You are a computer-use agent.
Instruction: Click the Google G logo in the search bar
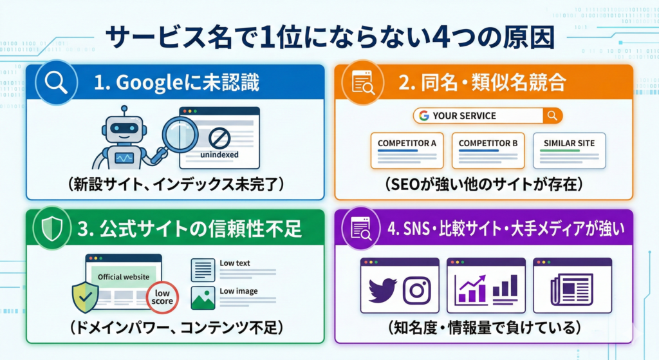tap(423, 116)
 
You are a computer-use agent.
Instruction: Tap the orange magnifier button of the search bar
tap(552, 116)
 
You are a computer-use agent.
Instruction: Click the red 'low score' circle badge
tap(162, 297)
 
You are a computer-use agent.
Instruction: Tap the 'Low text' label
tap(235, 263)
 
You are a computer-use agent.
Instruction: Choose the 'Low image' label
tap(237, 291)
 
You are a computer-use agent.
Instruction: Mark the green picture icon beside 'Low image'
tap(203, 298)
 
